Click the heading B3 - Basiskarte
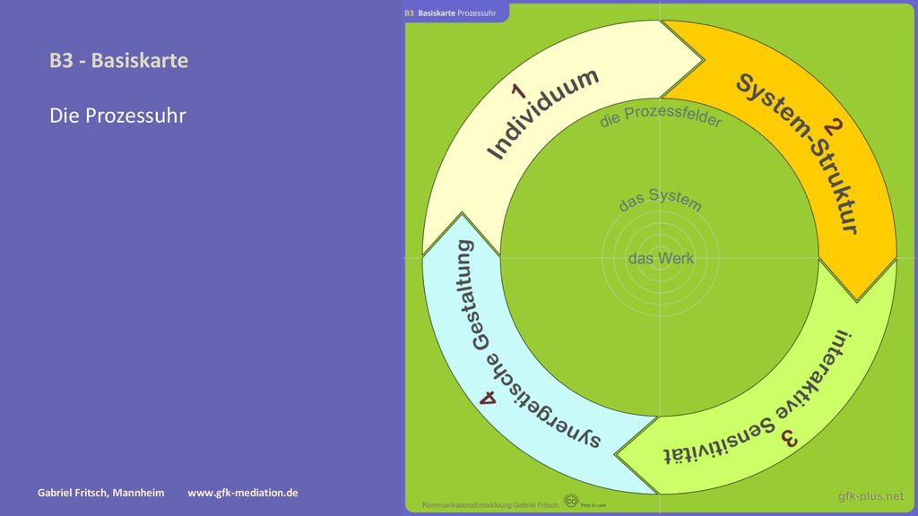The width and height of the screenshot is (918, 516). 119,60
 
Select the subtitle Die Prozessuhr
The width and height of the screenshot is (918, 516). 117,116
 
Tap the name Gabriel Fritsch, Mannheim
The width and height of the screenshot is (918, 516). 100,493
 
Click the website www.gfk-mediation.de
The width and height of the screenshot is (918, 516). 242,493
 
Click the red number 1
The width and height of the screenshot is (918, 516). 519,91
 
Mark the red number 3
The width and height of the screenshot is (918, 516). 789,439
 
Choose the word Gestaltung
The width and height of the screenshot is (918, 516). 472,296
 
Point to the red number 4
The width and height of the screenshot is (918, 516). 488,399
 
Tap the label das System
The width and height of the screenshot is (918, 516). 661,200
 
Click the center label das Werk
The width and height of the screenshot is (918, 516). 661,258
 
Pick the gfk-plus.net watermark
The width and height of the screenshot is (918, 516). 870,496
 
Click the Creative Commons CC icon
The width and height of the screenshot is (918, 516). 571,501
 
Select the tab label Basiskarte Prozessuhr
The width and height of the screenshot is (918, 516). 456,13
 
